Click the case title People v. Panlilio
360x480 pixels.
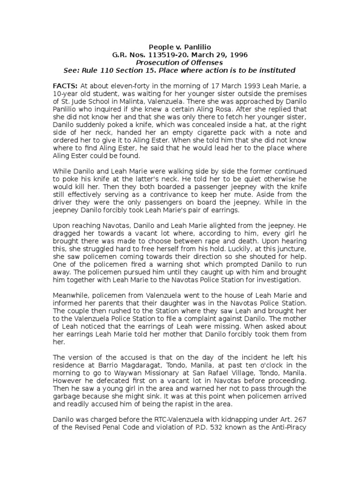point(180,46)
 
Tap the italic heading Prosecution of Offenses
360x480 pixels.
point(180,62)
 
